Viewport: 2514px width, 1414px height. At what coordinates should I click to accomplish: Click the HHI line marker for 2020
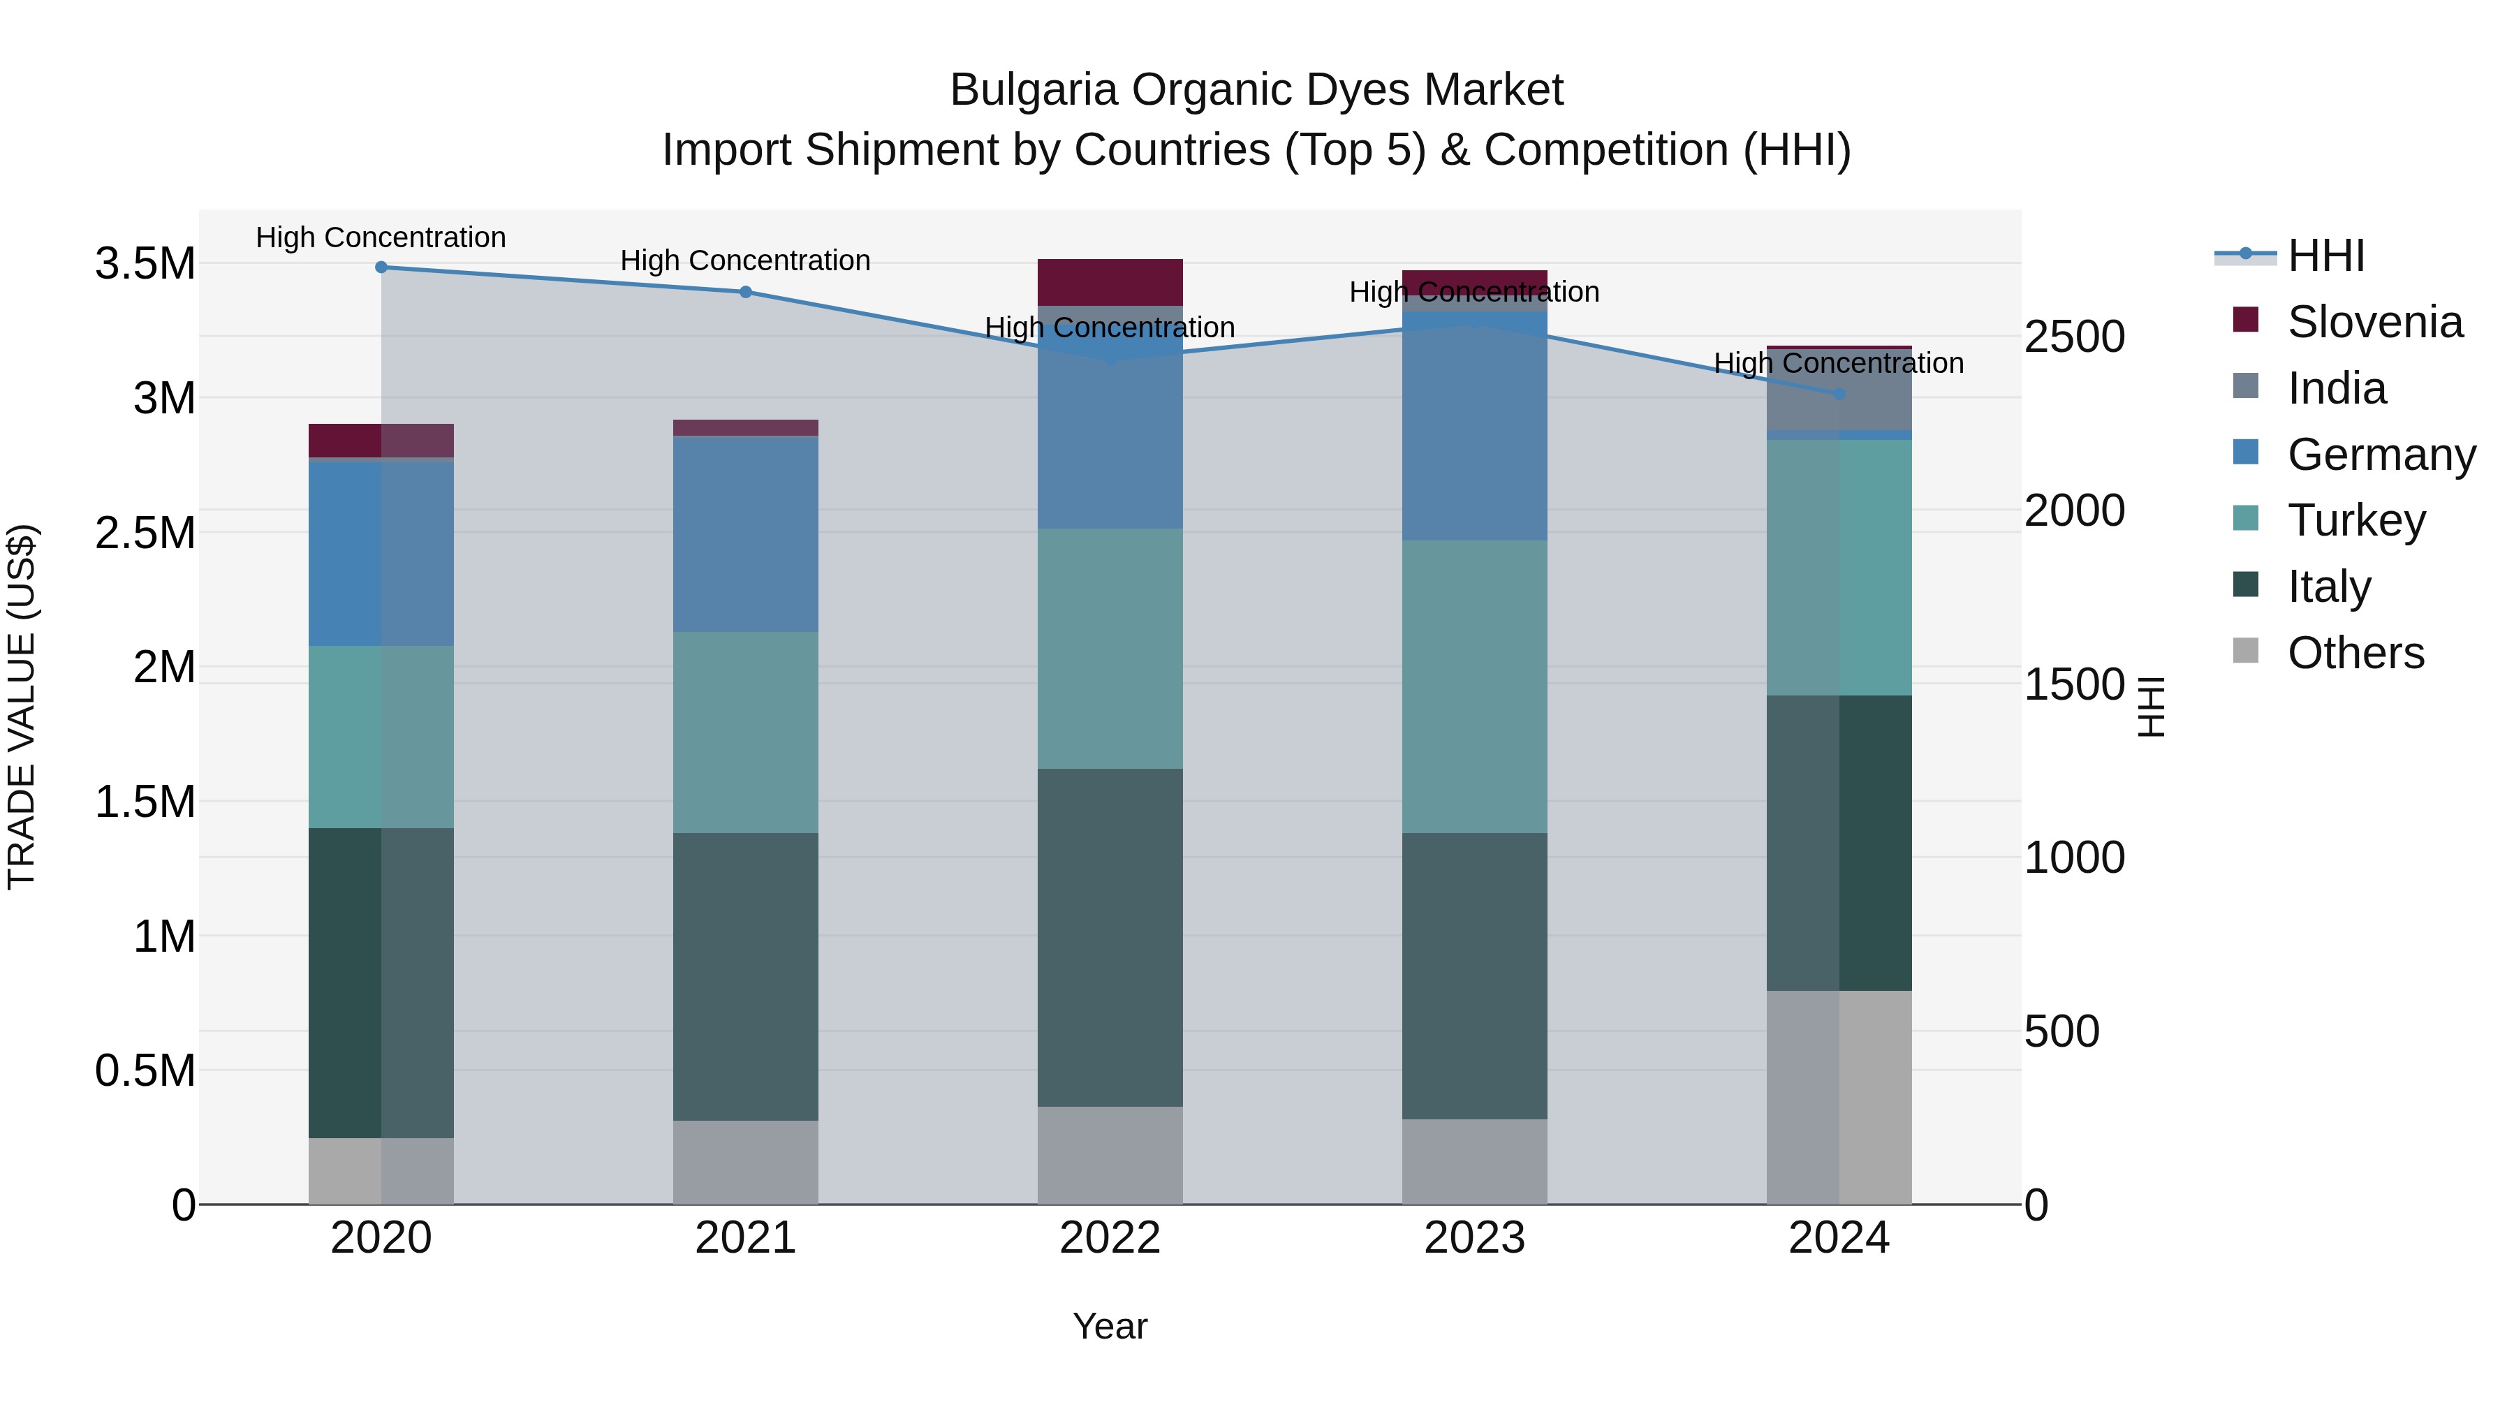[381, 267]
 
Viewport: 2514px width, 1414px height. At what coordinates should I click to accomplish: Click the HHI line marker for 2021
[746, 292]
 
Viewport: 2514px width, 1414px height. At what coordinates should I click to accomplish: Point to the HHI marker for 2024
[1839, 395]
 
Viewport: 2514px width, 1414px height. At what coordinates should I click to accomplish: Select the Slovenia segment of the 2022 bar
[1110, 283]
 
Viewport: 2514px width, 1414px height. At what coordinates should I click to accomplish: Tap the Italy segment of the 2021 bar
[746, 976]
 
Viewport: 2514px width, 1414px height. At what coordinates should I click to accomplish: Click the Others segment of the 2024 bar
[1839, 1097]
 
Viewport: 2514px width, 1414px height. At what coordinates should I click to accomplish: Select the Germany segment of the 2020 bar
[381, 552]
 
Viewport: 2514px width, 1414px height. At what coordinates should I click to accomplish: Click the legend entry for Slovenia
[2374, 322]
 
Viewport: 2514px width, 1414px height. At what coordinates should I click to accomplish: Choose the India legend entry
[2337, 388]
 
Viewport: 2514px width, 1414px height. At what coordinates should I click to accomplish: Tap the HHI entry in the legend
[2325, 256]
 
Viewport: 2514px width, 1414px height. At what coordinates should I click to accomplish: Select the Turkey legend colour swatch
[2246, 518]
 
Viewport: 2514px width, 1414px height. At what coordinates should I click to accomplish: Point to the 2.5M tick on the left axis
[145, 533]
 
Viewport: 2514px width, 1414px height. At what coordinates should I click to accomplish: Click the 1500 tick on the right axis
[2074, 684]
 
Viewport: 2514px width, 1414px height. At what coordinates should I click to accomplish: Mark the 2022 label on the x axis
[1110, 1238]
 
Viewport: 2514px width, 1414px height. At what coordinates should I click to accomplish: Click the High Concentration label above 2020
[381, 237]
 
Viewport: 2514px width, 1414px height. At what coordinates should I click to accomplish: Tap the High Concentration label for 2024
[1839, 363]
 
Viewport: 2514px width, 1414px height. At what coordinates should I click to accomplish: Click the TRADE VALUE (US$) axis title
[22, 707]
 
